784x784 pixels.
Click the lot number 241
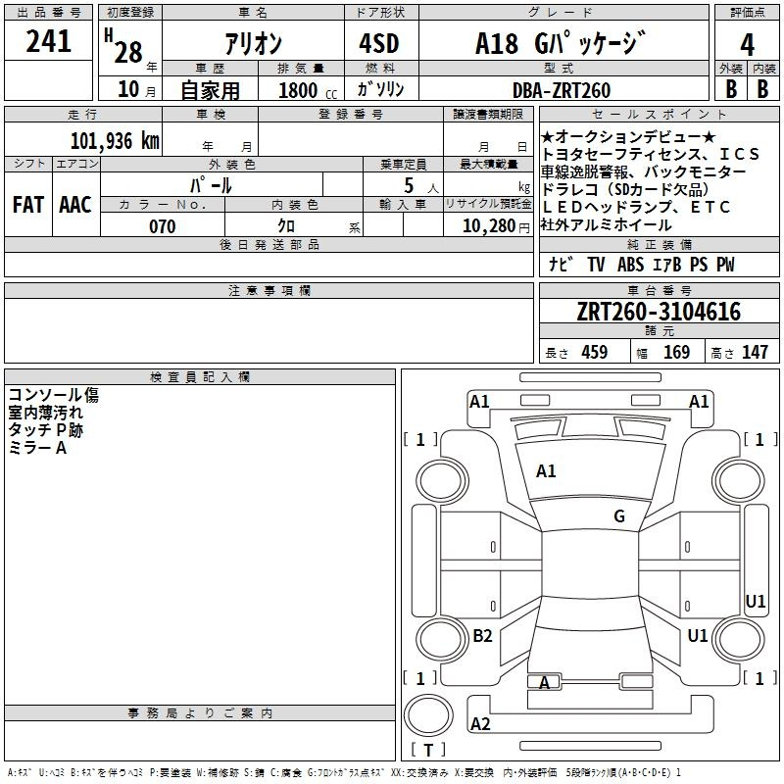coord(48,41)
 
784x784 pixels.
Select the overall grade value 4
coord(747,45)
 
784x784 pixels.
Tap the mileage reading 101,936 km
coord(115,141)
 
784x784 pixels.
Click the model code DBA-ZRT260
coord(561,90)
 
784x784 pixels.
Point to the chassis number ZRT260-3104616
coord(659,312)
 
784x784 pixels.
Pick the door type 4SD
coord(379,43)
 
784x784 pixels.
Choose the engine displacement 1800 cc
coord(307,90)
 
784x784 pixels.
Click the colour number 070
coord(163,226)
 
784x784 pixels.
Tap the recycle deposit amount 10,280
coord(489,226)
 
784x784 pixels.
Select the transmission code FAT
coord(28,205)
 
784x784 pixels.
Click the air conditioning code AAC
coord(75,205)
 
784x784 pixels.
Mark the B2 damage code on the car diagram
coord(482,635)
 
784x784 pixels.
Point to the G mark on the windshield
coord(619,516)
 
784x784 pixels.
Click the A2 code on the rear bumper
coord(480,723)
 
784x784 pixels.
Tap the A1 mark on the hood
coord(546,470)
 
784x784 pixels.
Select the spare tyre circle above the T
coord(428,716)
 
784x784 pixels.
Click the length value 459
coord(595,352)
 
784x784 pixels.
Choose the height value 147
coord(755,352)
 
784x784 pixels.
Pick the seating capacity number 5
coord(409,185)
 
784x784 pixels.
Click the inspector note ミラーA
coord(38,448)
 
